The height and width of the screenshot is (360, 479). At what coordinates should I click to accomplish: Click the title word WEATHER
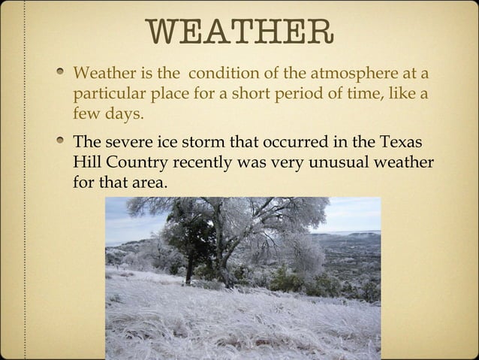pos(239,32)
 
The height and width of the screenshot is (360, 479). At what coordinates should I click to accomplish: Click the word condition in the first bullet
pos(223,75)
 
